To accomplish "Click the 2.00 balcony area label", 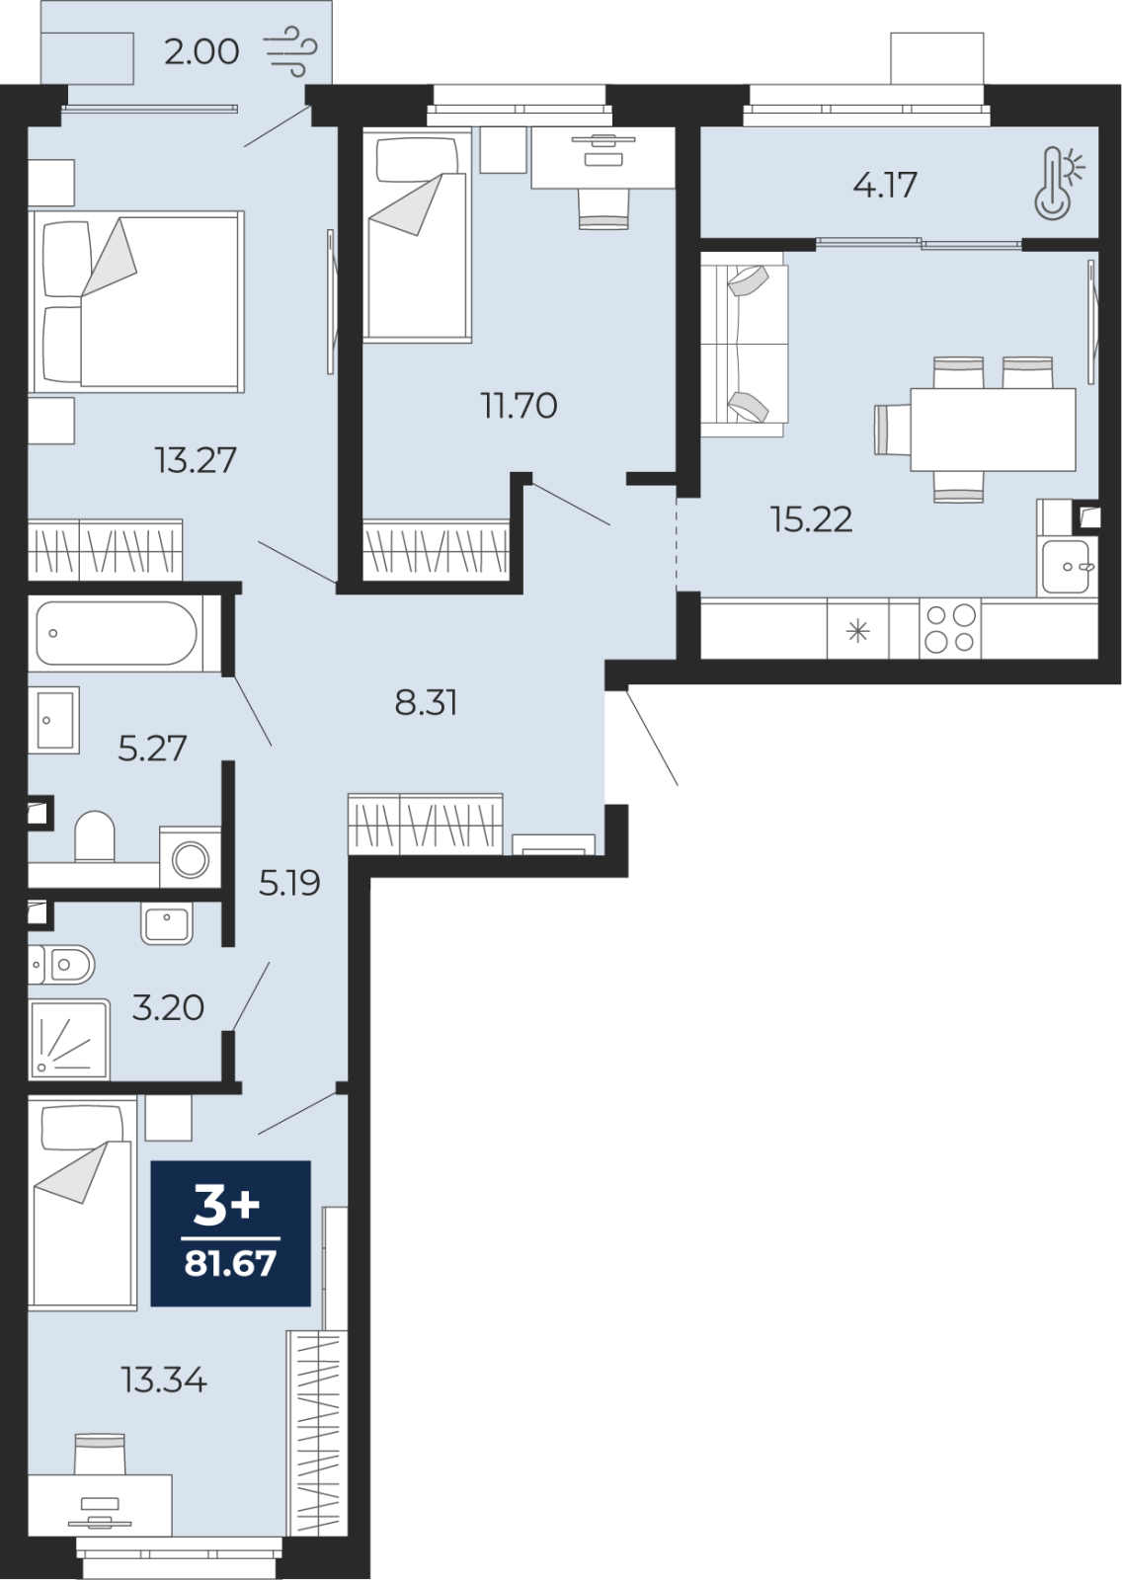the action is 201,52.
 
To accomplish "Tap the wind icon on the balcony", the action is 290,50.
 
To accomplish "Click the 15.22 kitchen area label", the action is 812,519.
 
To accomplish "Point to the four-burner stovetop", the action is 950,628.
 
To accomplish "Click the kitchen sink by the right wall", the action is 1067,567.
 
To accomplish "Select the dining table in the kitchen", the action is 993,429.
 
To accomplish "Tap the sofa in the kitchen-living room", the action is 745,345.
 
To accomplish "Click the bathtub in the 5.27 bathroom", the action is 118,633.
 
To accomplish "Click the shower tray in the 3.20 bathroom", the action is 69,1039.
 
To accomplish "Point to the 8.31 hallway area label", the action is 427,703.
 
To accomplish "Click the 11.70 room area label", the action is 519,406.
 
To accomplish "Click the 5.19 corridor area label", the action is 289,883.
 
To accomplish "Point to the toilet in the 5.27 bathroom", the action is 95,835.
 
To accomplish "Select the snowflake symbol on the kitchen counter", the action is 858,631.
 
